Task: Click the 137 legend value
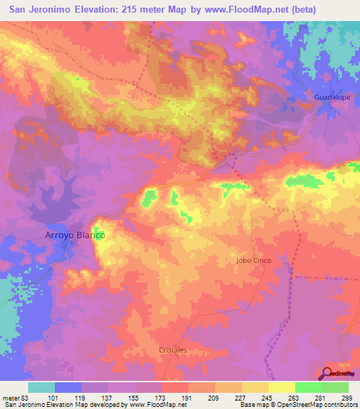point(109,397)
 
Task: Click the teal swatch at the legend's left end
point(41,387)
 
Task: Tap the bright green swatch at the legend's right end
point(335,387)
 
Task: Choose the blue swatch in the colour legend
point(68,387)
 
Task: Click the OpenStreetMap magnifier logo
point(328,373)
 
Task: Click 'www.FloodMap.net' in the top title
point(236,10)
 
